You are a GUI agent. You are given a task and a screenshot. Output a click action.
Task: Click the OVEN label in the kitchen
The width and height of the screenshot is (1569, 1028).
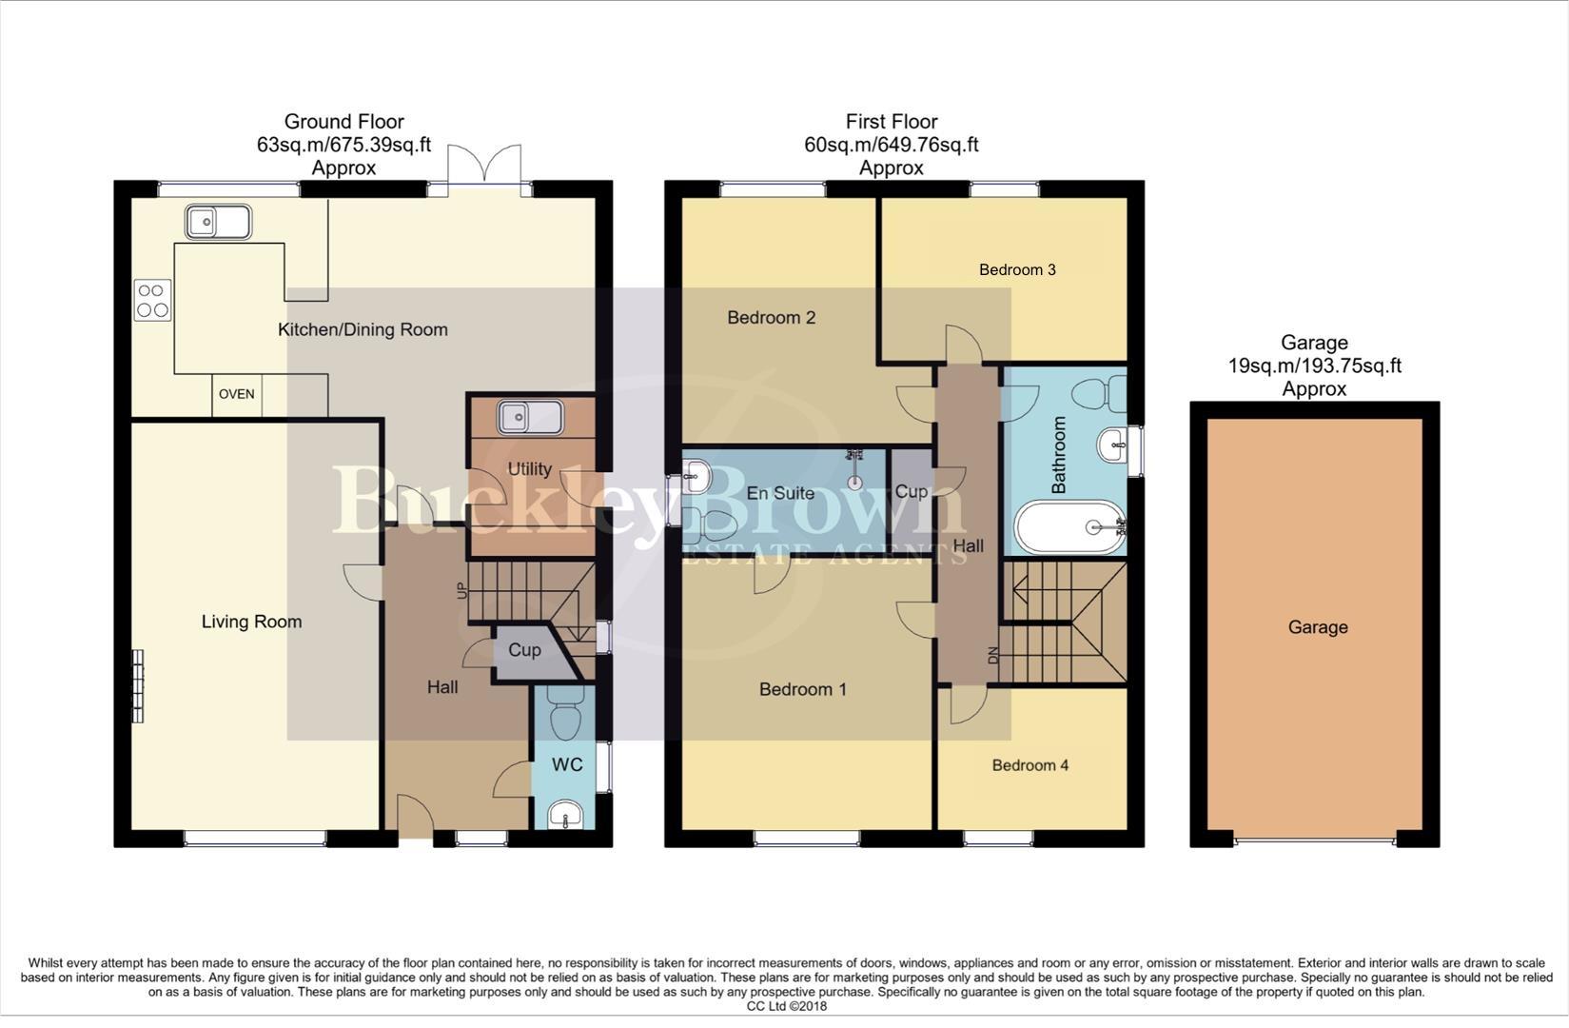[236, 394]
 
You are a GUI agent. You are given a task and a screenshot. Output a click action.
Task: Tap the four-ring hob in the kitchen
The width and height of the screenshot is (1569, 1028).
[152, 300]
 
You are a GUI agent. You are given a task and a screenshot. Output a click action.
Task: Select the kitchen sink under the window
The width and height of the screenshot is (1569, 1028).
[218, 223]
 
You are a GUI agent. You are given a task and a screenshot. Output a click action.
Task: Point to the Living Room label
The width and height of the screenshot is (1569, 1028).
[251, 622]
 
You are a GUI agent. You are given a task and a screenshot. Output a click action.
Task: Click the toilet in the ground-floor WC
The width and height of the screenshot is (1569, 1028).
[567, 716]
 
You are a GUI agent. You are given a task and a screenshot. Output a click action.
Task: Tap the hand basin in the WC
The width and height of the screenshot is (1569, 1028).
[566, 816]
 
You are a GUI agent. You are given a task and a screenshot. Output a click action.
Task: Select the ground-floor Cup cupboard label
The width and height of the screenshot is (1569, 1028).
[524, 650]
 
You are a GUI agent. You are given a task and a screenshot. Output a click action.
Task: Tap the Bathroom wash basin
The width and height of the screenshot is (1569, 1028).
[1111, 445]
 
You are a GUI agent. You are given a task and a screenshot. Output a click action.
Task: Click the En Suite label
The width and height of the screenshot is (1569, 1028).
[780, 493]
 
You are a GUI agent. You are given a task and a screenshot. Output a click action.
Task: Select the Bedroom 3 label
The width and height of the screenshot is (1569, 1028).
[1017, 269]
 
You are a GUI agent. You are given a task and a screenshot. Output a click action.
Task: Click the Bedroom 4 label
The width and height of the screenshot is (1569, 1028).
[1030, 765]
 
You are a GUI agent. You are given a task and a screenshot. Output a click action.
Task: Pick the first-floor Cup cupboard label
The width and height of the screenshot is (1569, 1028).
[911, 491]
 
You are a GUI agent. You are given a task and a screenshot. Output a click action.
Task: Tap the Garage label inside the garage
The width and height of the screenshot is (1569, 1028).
[1317, 627]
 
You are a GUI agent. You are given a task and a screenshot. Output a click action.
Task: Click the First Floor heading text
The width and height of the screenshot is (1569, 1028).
[891, 122]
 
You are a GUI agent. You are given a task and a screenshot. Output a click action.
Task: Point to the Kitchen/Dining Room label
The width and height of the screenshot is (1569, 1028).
[363, 329]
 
